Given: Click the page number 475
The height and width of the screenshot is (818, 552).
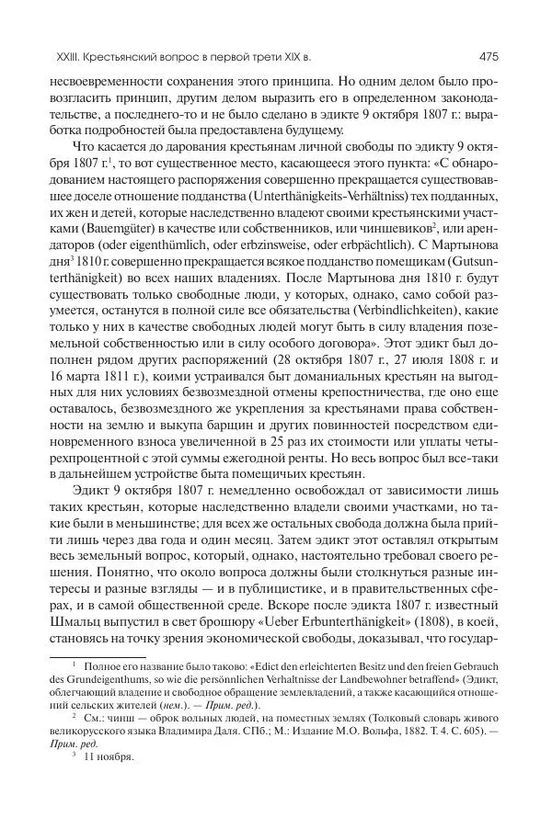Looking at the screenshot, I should click(x=489, y=55).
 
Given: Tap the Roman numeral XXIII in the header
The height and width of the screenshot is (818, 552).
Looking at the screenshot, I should click(x=46, y=55).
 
